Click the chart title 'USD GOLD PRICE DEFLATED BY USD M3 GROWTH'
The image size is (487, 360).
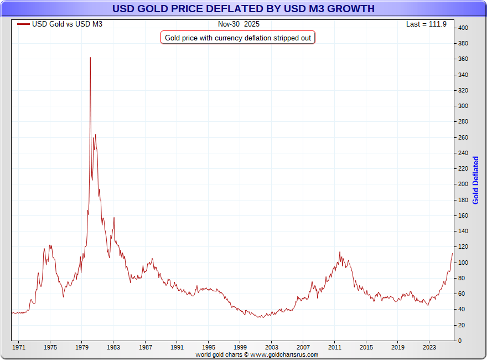pyautogui.click(x=243, y=9)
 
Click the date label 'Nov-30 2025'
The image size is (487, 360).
pyautogui.click(x=239, y=24)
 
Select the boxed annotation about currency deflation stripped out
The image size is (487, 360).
pyautogui.click(x=238, y=38)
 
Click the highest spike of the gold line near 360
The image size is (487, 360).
pyautogui.click(x=90, y=58)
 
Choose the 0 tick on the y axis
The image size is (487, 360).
pyautogui.click(x=460, y=340)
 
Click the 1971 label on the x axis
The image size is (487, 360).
pyautogui.click(x=19, y=347)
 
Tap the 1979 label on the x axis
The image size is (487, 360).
pyautogui.click(x=82, y=347)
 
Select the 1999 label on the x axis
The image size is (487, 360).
pyautogui.click(x=240, y=347)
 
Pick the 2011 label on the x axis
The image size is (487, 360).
pyautogui.click(x=334, y=347)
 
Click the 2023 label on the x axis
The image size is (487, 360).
pyautogui.click(x=429, y=347)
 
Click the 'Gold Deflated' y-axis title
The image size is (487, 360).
pyautogui.click(x=475, y=180)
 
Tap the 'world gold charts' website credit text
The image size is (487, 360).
pyautogui.click(x=257, y=354)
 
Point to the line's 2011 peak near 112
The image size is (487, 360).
pyautogui.click(x=339, y=253)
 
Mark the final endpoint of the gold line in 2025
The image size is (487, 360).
pyautogui.click(x=452, y=253)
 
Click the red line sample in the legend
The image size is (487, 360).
pyautogui.click(x=23, y=24)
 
